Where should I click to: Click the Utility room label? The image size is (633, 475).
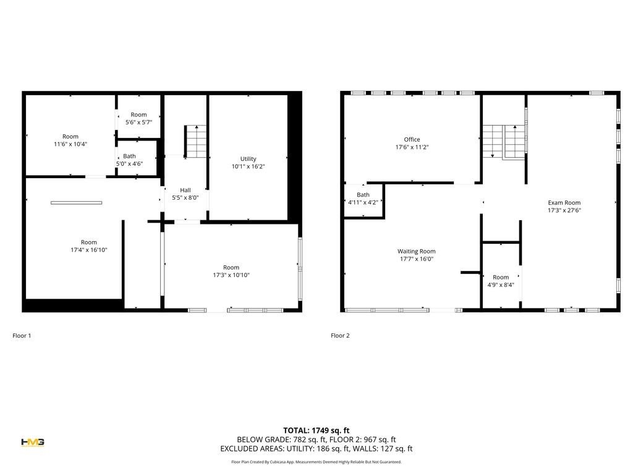[x=248, y=159]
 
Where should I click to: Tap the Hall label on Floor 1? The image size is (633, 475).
[x=185, y=190]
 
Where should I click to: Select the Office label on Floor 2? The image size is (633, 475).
[x=412, y=139]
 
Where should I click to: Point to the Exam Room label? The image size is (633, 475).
[x=564, y=202]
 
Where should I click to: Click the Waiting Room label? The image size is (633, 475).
[x=416, y=251]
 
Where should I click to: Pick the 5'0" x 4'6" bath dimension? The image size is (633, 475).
[x=129, y=163]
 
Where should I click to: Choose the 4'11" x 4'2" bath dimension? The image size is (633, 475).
[x=362, y=202]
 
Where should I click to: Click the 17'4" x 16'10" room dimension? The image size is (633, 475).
[x=89, y=250]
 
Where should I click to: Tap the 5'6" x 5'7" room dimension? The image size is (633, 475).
[x=138, y=122]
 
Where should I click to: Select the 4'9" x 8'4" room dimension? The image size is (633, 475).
[x=501, y=285]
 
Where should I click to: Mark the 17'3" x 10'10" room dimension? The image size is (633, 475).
[x=231, y=275]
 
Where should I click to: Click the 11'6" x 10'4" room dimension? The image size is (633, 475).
[x=70, y=143]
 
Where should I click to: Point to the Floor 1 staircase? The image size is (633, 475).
[x=196, y=142]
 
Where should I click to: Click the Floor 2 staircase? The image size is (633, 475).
[x=504, y=142]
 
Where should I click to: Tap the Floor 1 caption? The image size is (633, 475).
[x=22, y=336]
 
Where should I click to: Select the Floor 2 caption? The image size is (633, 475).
[x=340, y=336]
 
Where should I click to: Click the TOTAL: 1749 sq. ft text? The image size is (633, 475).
[x=316, y=430]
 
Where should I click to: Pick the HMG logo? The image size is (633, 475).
[x=33, y=442]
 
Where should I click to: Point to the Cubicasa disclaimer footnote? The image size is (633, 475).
[x=316, y=461]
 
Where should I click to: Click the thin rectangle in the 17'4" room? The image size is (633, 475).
[x=76, y=203]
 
